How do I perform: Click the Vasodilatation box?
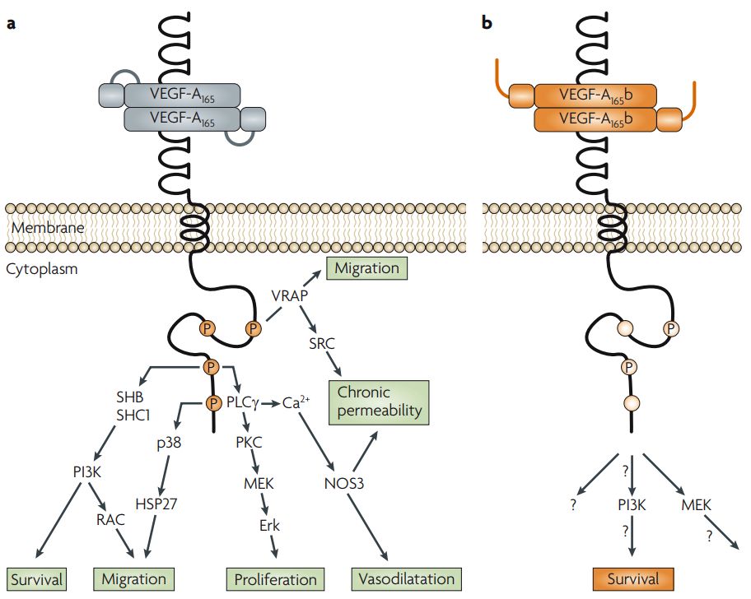406,578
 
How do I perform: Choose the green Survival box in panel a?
37,578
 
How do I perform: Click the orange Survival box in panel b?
632,578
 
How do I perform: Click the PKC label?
247,442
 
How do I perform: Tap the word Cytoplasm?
41,268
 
